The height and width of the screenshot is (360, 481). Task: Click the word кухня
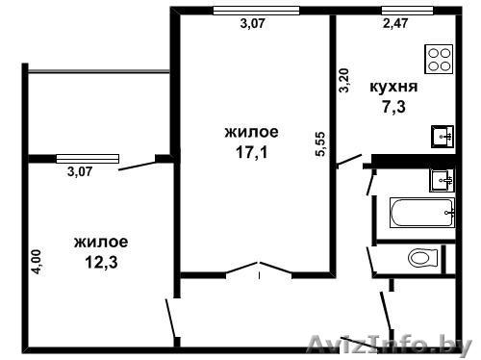[392, 85]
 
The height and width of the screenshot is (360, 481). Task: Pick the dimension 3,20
[342, 77]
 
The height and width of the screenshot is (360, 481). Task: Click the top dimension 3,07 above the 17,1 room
[252, 26]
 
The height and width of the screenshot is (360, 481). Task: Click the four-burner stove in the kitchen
[440, 59]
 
